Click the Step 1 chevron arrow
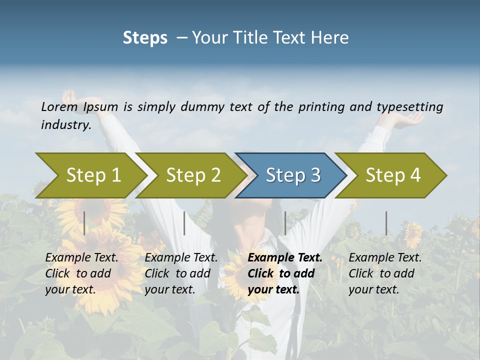tap(93, 175)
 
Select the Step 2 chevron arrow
tap(193, 175)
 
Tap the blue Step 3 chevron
tap(292, 175)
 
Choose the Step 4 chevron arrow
tap(392, 175)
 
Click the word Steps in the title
tap(145, 37)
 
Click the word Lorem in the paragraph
tap(59, 106)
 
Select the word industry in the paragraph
tap(66, 125)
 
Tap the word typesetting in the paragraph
tap(409, 106)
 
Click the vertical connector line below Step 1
tap(84, 223)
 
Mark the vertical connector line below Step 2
tap(184, 223)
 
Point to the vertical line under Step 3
tap(285, 223)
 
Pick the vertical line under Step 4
tap(386, 223)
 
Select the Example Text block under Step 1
tap(81, 273)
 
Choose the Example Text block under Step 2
tap(181, 273)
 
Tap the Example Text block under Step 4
tap(385, 273)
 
